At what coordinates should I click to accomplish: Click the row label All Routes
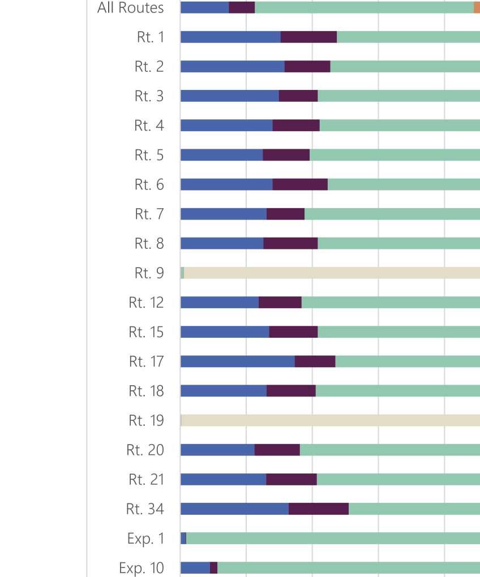[130, 8]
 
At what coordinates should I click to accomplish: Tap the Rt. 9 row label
[149, 273]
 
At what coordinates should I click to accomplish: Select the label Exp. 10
[142, 567]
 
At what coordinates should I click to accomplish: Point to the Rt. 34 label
[145, 509]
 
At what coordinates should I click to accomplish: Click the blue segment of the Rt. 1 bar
[230, 37]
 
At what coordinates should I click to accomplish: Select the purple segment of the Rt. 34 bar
[318, 509]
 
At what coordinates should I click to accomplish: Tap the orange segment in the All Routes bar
[477, 8]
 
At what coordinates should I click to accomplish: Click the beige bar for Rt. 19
[331, 420]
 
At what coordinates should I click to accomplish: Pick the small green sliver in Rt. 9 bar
[182, 273]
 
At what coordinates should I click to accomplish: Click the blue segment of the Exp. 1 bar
[183, 539]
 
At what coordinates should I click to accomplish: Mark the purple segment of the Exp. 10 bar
[213, 567]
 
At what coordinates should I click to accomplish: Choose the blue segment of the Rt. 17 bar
[237, 361]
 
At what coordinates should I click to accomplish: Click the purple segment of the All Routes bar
[242, 8]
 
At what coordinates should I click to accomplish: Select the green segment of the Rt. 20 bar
[389, 450]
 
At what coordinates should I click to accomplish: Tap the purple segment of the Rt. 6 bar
[300, 184]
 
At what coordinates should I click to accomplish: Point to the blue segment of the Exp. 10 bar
[195, 567]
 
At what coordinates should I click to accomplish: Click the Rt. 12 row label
[146, 303]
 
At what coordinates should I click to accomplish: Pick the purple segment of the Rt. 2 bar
[307, 67]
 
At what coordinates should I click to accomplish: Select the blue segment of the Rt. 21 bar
[223, 480]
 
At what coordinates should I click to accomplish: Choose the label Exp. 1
[145, 539]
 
